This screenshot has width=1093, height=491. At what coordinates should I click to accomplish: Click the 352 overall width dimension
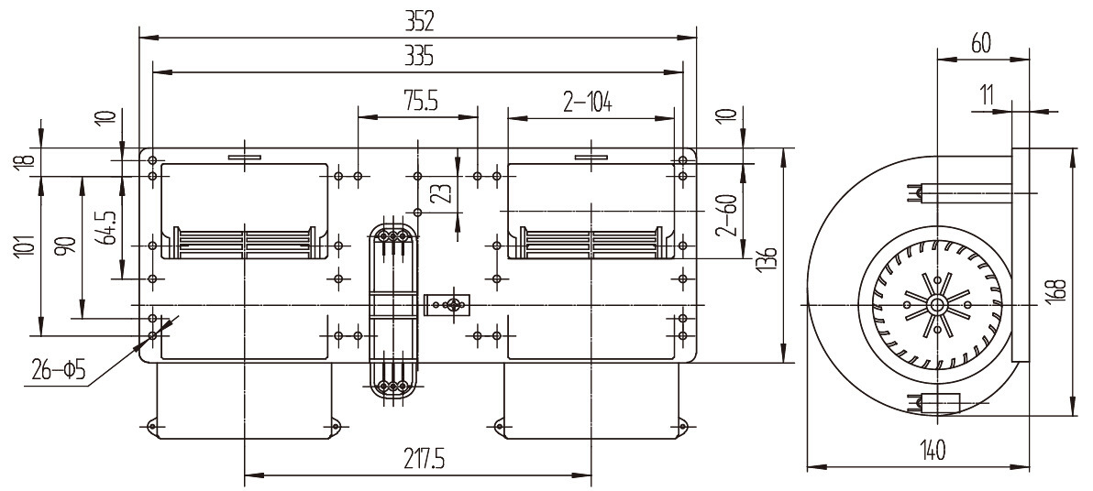(x=419, y=22)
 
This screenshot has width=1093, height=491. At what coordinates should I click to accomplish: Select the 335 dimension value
(x=419, y=56)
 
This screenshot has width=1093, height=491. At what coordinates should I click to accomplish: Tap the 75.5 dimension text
(x=420, y=103)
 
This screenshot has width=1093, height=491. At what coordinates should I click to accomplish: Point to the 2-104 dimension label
(x=588, y=104)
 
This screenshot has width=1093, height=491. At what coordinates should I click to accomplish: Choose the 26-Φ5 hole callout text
(x=59, y=371)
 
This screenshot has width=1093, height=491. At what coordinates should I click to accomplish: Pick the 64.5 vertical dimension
(x=107, y=227)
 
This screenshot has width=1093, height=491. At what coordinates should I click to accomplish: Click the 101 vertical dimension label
(x=23, y=246)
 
